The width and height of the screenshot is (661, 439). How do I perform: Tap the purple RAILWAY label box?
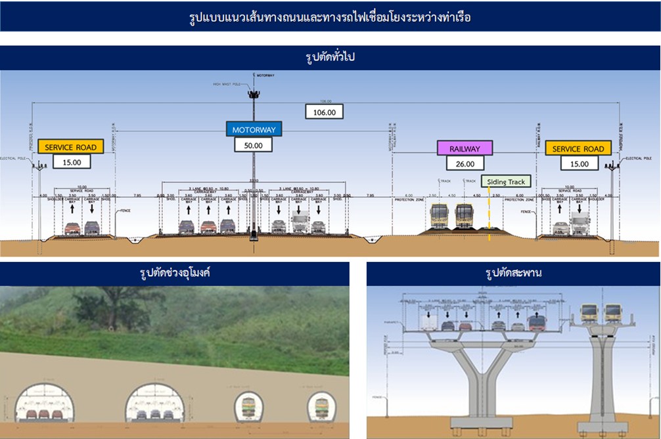[465, 148]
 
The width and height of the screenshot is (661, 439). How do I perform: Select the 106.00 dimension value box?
[324, 112]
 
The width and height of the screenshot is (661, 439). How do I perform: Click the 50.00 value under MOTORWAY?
[254, 145]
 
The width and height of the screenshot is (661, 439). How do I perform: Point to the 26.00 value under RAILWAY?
[465, 163]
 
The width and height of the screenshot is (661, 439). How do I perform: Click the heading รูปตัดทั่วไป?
[330, 58]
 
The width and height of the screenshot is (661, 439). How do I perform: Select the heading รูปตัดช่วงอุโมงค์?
[174, 273]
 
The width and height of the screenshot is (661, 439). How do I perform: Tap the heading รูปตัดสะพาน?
[513, 273]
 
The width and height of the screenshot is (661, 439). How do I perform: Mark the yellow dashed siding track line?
[489, 220]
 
